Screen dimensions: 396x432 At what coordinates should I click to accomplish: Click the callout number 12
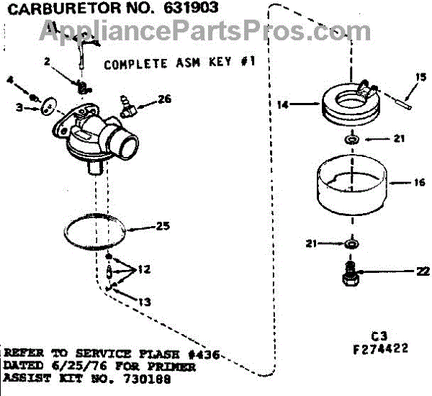tap(144, 269)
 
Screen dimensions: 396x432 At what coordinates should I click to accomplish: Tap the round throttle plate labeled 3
tap(47, 107)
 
